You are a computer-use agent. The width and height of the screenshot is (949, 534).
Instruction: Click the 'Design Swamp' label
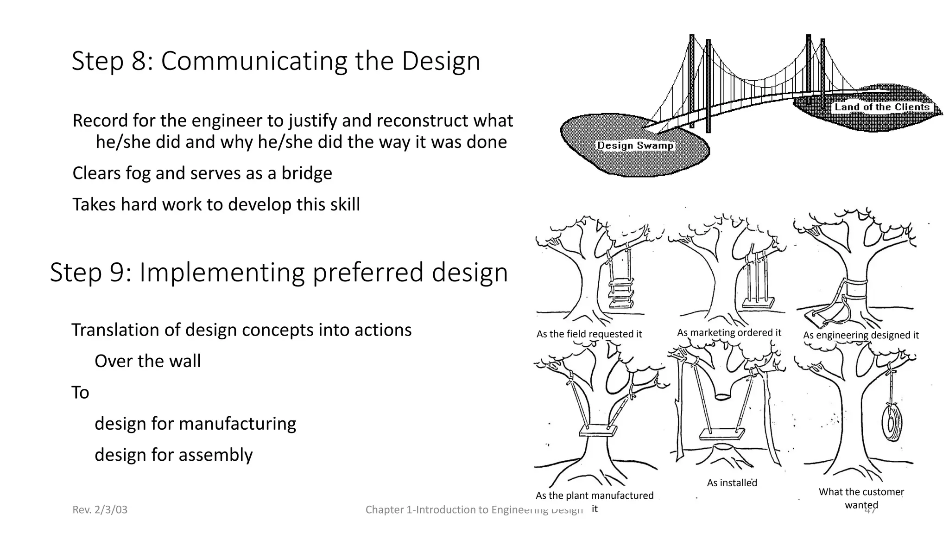click(635, 146)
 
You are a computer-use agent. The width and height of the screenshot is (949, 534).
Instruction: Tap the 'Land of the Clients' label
click(882, 107)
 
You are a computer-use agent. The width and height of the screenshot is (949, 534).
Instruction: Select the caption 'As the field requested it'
click(589, 334)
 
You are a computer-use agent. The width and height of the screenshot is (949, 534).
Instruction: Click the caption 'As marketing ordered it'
click(729, 332)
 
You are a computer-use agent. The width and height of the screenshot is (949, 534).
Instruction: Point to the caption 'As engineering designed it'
click(860, 335)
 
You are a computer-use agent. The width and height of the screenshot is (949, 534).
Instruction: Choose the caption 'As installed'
click(732, 483)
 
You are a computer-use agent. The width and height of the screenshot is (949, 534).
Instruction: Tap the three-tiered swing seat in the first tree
click(621, 293)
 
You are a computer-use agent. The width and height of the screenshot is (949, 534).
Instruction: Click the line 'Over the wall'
click(147, 361)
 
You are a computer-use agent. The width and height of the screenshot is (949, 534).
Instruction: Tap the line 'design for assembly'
click(173, 455)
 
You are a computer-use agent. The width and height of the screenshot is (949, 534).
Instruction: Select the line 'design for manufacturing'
click(195, 424)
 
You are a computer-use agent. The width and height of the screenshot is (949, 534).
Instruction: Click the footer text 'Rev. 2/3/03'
click(100, 510)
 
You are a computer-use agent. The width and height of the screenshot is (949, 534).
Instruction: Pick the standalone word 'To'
click(80, 393)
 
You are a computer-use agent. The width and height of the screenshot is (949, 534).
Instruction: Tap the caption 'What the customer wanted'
click(861, 498)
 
